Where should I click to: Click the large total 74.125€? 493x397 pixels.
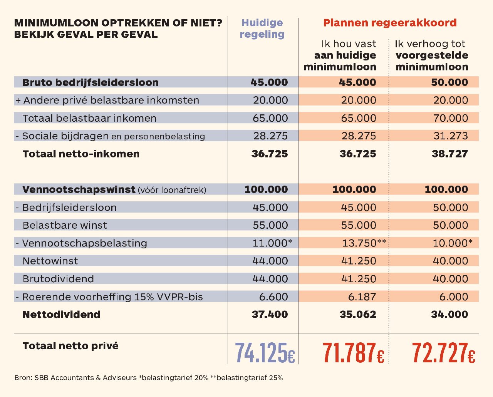pos(265,353)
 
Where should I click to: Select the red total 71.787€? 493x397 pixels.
pos(353,353)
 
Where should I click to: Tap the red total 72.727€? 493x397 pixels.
pos(443,353)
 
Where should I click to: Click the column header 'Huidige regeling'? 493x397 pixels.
pos(262,28)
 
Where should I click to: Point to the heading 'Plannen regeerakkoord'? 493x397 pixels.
pos(390,23)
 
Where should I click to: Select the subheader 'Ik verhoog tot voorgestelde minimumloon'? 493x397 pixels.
pos(432,55)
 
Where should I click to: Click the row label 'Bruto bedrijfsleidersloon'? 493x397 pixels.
pos(91,82)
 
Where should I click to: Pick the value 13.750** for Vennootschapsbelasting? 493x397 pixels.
pos(364,243)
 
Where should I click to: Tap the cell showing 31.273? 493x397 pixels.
pos(450,136)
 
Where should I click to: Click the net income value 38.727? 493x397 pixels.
pos(450,154)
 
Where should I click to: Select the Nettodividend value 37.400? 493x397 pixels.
pos(270,314)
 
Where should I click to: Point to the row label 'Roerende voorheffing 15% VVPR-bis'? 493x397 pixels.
pos(112,297)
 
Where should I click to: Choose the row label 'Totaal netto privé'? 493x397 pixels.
pos(70,346)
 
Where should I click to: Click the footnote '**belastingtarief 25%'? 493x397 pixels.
pos(246,378)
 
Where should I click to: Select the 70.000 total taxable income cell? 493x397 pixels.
pos(451,118)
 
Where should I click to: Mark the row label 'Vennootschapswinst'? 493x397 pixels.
pos(79,189)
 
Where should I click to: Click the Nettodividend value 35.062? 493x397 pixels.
pos(358,314)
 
